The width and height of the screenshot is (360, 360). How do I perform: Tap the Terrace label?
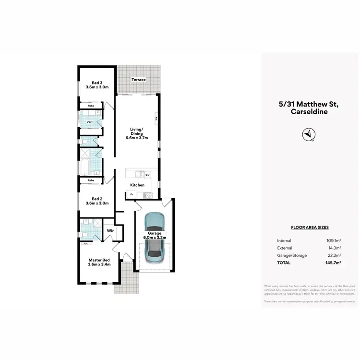[x=139, y=80]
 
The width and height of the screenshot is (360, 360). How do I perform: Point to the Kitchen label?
[x=137, y=185]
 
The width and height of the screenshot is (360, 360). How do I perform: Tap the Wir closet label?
[x=110, y=230]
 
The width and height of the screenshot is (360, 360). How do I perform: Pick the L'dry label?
[x=89, y=122]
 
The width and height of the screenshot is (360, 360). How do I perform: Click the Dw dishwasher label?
[x=148, y=175]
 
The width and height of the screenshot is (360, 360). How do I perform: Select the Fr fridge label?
[x=131, y=194]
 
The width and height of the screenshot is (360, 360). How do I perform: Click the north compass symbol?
[x=308, y=135]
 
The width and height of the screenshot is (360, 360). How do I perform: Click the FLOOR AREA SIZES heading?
[x=310, y=228]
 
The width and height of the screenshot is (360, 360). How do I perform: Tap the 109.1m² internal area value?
[x=333, y=240]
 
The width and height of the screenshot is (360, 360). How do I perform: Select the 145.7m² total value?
[x=332, y=263]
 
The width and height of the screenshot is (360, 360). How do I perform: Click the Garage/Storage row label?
[x=292, y=255]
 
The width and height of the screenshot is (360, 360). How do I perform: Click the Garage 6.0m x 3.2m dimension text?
[x=154, y=235]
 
